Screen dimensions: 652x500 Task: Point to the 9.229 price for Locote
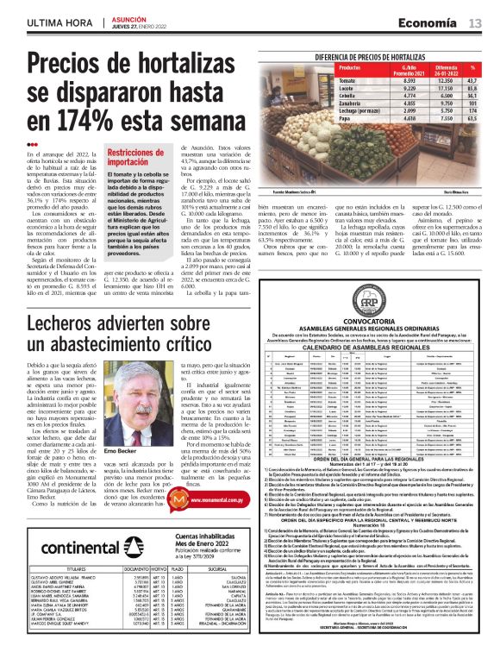409,88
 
